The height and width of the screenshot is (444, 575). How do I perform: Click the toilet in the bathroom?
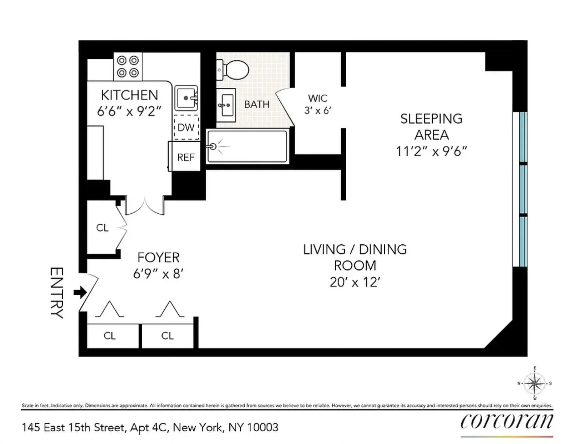[234, 70]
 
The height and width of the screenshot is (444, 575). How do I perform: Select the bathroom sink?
[226, 105]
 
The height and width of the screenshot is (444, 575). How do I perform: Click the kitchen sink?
[186, 98]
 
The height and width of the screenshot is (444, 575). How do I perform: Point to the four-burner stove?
[128, 66]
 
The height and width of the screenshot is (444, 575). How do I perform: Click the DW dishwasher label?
[186, 127]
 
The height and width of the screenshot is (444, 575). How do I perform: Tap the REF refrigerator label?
[186, 157]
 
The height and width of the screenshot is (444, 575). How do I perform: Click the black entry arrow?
[80, 293]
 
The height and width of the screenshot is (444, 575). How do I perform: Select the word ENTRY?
[57, 293]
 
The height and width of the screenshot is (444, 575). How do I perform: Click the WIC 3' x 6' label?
[318, 104]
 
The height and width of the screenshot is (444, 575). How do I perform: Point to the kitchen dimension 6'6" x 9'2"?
[129, 111]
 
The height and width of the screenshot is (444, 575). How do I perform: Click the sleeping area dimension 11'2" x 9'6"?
[431, 151]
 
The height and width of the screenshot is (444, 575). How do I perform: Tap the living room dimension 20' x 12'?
[355, 282]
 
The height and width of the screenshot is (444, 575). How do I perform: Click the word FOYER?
[158, 257]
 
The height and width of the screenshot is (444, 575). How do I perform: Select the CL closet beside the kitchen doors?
[102, 228]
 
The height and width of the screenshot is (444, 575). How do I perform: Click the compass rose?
[535, 383]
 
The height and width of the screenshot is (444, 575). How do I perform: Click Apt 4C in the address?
[149, 428]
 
